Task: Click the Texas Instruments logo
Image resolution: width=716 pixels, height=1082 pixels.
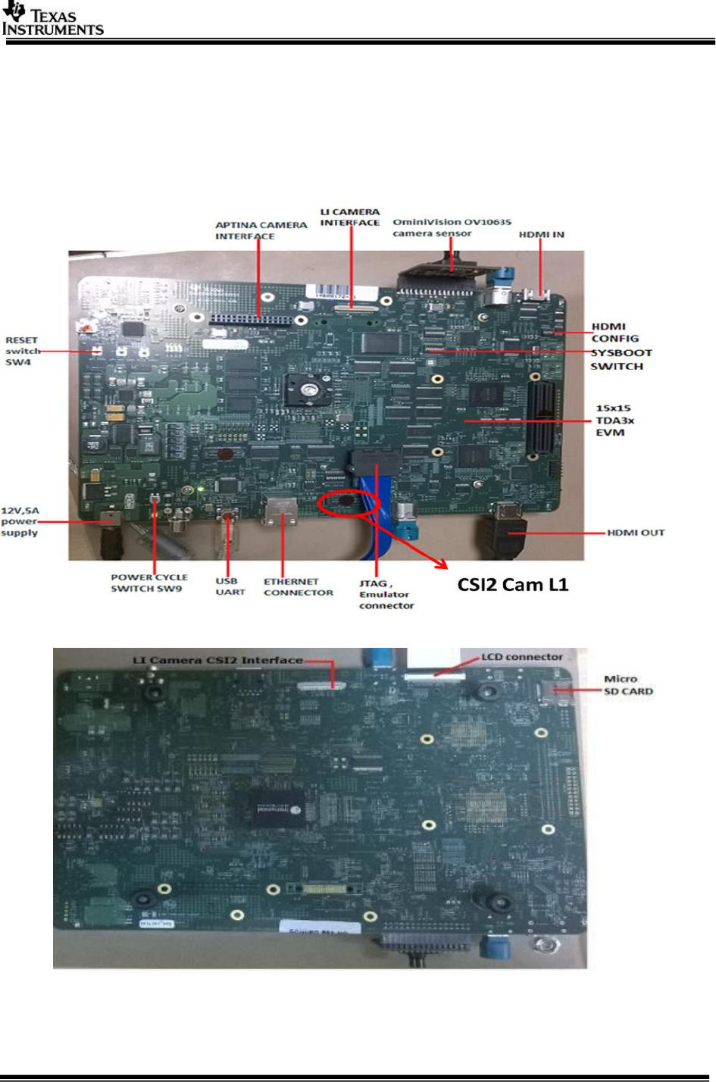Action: tap(52, 20)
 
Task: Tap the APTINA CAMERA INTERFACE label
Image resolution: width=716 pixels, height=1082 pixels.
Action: tap(261, 230)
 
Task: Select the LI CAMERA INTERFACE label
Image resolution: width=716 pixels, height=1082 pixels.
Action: tap(349, 217)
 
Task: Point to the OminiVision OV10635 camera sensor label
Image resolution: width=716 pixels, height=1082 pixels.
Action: tap(452, 227)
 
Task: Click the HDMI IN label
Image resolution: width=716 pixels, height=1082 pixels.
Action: tap(541, 234)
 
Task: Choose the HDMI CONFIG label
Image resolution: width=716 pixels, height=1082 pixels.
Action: tap(614, 333)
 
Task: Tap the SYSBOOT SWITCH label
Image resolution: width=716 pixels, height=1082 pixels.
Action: tap(621, 359)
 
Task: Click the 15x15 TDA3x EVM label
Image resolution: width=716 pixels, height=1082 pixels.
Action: tap(614, 420)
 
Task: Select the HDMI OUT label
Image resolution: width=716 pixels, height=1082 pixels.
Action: tap(635, 533)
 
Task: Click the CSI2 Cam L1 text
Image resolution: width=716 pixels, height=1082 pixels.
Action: tap(512, 584)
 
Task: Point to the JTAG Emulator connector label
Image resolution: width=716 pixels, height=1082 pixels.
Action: tap(386, 595)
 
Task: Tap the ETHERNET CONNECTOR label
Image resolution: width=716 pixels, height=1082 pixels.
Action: tap(298, 587)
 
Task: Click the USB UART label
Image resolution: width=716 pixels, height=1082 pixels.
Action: tap(230, 586)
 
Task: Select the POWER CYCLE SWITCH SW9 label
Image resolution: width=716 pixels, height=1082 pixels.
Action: tap(149, 583)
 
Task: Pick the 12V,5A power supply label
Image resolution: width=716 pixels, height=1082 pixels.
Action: tap(20, 521)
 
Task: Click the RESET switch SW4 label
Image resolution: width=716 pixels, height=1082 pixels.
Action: tap(22, 351)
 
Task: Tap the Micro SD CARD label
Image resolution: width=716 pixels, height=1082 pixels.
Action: tap(627, 685)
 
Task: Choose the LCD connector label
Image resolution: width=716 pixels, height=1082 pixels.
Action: tap(521, 657)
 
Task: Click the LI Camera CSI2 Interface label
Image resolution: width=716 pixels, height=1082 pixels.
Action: tap(217, 660)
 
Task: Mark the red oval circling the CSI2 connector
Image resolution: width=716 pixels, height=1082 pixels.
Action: tap(349, 505)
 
